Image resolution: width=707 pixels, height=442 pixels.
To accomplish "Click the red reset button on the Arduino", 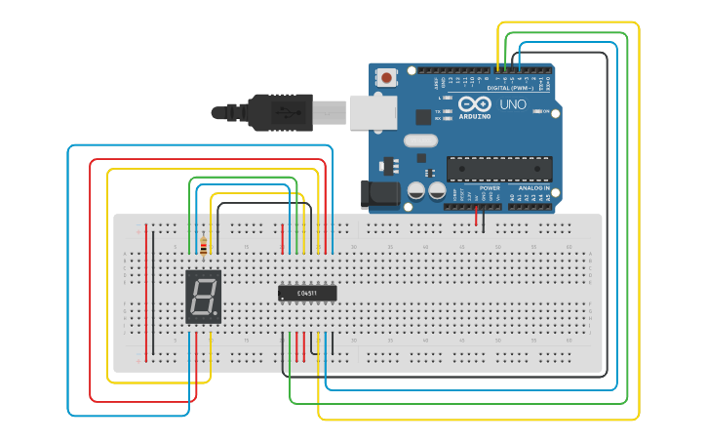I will coord(387,77).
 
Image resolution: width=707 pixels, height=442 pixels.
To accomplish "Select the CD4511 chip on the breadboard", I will coord(307,293).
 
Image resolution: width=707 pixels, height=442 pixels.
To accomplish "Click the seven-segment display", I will coord(203,298).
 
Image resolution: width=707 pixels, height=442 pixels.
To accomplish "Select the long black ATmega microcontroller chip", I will coord(499,169).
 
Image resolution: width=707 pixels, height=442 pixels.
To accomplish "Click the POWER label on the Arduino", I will coord(490,187).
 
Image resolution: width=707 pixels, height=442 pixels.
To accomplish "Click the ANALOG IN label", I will coord(533,187).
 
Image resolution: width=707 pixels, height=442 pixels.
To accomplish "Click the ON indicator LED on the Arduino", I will coord(538,111).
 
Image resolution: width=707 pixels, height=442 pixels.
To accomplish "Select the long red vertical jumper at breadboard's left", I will coord(147,293).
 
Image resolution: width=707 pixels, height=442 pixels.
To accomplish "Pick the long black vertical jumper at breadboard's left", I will coord(153,293).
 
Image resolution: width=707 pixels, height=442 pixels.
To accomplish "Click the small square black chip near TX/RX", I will coord(422,117).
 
